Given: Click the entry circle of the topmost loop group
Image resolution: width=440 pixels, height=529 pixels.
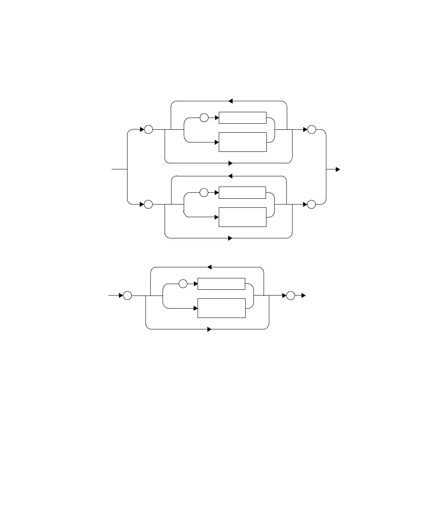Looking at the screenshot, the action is [x=148, y=130].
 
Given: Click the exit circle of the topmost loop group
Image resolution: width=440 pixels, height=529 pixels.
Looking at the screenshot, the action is [x=312, y=130].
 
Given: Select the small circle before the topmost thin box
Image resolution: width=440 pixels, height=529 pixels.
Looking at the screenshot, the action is [x=204, y=118].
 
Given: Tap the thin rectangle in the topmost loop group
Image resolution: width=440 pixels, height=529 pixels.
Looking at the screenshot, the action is [x=242, y=118].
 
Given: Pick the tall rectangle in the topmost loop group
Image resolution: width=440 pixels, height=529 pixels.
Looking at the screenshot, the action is [x=242, y=142].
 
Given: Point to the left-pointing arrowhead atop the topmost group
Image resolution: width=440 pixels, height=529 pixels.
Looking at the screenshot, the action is [x=230, y=101].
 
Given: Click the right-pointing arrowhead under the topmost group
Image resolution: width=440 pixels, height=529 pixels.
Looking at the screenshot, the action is [x=230, y=163].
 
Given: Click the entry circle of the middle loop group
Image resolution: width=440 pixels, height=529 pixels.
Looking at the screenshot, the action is [x=148, y=204].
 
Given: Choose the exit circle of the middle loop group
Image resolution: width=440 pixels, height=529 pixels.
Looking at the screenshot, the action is [x=312, y=204].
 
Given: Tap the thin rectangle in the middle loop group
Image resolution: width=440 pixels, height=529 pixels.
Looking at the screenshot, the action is [x=242, y=193].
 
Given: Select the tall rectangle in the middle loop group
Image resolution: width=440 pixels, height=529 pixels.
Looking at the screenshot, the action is [x=242, y=217].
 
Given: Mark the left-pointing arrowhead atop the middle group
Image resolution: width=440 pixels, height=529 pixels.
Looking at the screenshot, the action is [x=230, y=176].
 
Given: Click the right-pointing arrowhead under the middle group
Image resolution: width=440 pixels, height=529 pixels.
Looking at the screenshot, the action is [x=230, y=238].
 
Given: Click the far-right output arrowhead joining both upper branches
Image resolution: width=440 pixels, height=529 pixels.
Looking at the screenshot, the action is [x=338, y=169].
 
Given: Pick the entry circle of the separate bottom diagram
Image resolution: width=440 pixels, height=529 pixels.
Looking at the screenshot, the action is [x=128, y=296].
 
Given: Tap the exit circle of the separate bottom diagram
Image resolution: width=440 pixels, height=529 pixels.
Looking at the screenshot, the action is [x=290, y=296].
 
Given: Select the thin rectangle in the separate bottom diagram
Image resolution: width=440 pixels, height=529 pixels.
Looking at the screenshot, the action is [x=221, y=284].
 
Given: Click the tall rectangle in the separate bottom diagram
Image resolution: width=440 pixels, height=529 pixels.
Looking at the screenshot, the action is [x=221, y=308].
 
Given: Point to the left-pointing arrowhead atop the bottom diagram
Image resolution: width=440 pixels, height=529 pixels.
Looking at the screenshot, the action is [x=209, y=267].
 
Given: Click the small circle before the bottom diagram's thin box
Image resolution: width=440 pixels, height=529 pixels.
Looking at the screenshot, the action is [x=183, y=284].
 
